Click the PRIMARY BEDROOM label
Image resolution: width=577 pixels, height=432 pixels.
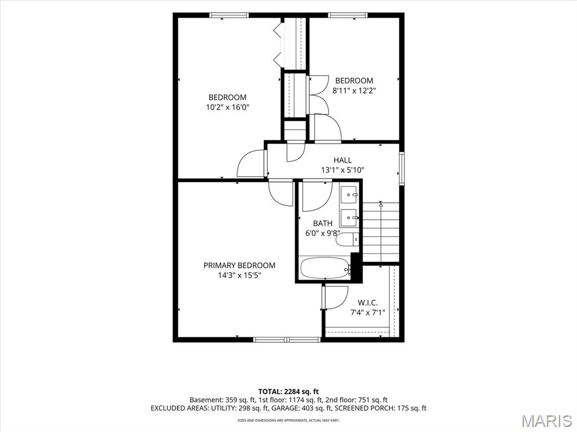coord(239,265)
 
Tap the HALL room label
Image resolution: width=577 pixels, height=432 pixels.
coord(343,160)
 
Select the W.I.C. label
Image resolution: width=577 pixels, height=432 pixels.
coord(367,303)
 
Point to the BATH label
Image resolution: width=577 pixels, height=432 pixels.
coord(323,223)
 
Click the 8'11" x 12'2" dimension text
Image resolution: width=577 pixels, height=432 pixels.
coord(354,91)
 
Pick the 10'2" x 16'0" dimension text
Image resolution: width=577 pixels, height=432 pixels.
coord(228,108)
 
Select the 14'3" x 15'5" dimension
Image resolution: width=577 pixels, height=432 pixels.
coord(239,275)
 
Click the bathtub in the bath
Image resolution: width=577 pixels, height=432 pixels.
coord(325,268)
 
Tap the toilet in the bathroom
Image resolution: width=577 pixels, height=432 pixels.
coord(347,240)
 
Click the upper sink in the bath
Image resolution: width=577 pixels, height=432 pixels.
coord(348,194)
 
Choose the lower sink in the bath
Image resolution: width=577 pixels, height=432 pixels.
coord(348,218)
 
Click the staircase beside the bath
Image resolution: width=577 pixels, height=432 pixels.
coord(381,232)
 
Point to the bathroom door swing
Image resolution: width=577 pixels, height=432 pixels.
coord(317,197)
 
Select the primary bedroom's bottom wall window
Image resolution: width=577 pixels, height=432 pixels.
coord(287,340)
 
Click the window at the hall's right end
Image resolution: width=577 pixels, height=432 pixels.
coord(402,168)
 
